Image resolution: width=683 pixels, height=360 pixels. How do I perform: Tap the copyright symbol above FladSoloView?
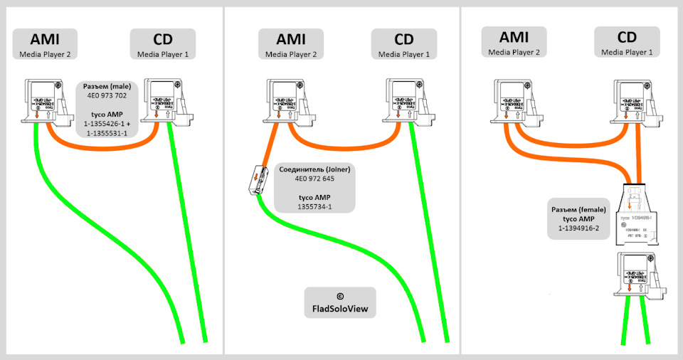pyautogui.click(x=339, y=295)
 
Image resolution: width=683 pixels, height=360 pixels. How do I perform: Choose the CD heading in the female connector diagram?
pyautogui.click(x=626, y=39)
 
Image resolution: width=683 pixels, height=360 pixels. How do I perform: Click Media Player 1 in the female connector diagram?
pyautogui.click(x=626, y=52)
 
